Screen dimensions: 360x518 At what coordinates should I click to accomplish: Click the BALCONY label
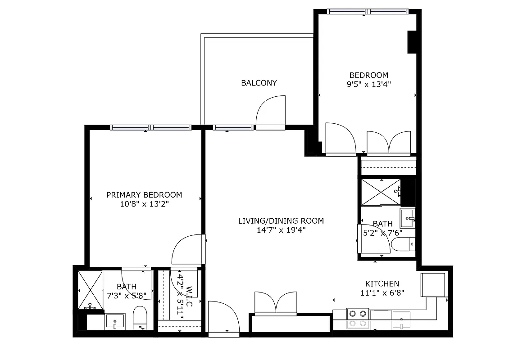259,83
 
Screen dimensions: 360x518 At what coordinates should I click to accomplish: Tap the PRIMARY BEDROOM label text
144,195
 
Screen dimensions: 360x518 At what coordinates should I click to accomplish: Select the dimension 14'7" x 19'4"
281,230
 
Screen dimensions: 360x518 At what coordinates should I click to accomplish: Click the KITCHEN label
382,283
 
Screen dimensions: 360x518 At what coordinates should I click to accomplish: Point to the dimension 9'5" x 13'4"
368,84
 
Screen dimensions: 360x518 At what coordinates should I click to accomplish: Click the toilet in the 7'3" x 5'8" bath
140,318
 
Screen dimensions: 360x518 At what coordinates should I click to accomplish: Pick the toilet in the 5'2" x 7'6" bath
403,244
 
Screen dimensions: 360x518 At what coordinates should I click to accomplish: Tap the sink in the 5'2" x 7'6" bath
407,218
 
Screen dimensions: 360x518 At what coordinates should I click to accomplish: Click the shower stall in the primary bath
90,290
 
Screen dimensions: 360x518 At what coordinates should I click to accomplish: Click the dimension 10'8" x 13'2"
144,204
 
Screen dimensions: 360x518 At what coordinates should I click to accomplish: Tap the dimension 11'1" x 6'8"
382,292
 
